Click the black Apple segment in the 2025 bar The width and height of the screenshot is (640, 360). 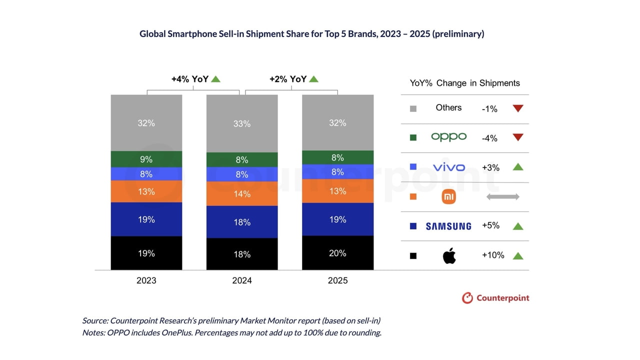coord(337,253)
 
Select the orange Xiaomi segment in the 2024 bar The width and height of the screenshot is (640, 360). coord(242,193)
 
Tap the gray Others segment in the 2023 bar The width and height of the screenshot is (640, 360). coord(146,122)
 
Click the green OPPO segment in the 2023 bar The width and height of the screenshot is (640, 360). coord(146,159)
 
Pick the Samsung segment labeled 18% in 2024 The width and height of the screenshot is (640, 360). coord(242,222)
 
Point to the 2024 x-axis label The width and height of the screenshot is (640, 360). coord(242,280)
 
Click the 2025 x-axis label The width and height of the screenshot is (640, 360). coord(337,280)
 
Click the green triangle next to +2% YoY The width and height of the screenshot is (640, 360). coord(313,79)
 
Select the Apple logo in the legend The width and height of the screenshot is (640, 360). coord(449,255)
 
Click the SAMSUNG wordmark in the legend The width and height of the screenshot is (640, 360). coord(448,226)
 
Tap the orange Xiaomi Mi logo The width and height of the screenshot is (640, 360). coord(449,197)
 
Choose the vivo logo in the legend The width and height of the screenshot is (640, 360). coord(448,167)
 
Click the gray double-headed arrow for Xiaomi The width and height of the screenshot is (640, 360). coord(502,197)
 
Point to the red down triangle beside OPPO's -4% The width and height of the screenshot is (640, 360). coord(518,137)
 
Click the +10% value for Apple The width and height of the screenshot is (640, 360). coord(493,255)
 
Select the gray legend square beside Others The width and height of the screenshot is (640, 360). coord(413,108)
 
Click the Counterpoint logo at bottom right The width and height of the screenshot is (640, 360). coord(495,298)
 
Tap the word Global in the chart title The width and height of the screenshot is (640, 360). coord(152,34)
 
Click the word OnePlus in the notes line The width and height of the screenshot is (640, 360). coord(175,333)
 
